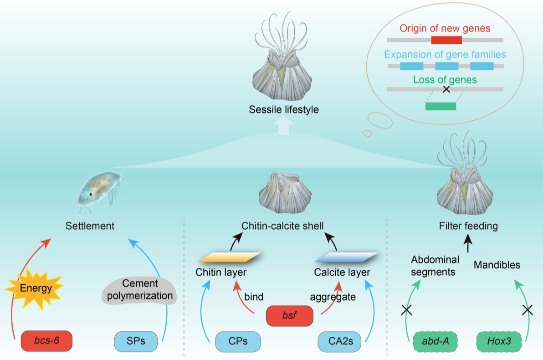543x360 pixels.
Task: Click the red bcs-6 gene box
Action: [x=46, y=340]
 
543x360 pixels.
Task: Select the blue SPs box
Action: [x=136, y=340]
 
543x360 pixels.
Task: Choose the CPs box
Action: [x=238, y=340]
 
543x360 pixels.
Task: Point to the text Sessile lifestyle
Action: [x=283, y=110]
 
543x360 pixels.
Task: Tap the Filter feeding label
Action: [x=468, y=226]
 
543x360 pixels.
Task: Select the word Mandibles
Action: [x=497, y=264]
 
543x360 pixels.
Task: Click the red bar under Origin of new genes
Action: [x=446, y=40]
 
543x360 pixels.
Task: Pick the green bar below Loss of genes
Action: [x=441, y=106]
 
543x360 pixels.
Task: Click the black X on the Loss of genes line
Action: [x=446, y=89]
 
